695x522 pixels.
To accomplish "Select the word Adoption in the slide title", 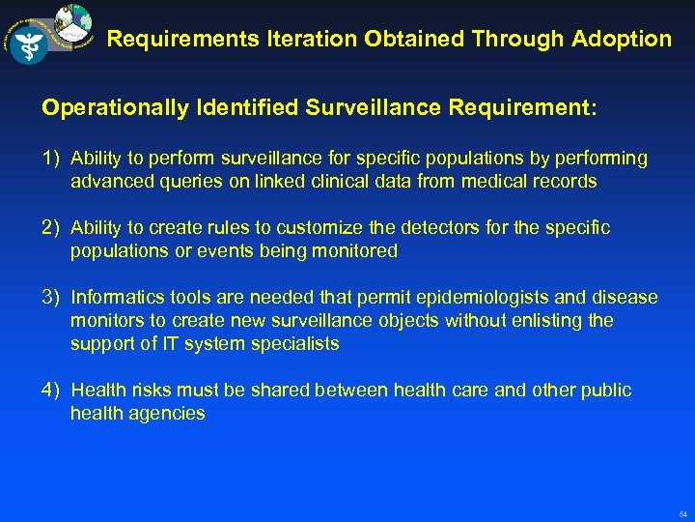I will pyautogui.click(x=625, y=40).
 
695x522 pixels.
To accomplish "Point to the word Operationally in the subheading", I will pyautogui.click(x=115, y=108).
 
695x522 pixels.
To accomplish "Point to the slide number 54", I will pyautogui.click(x=682, y=514).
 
